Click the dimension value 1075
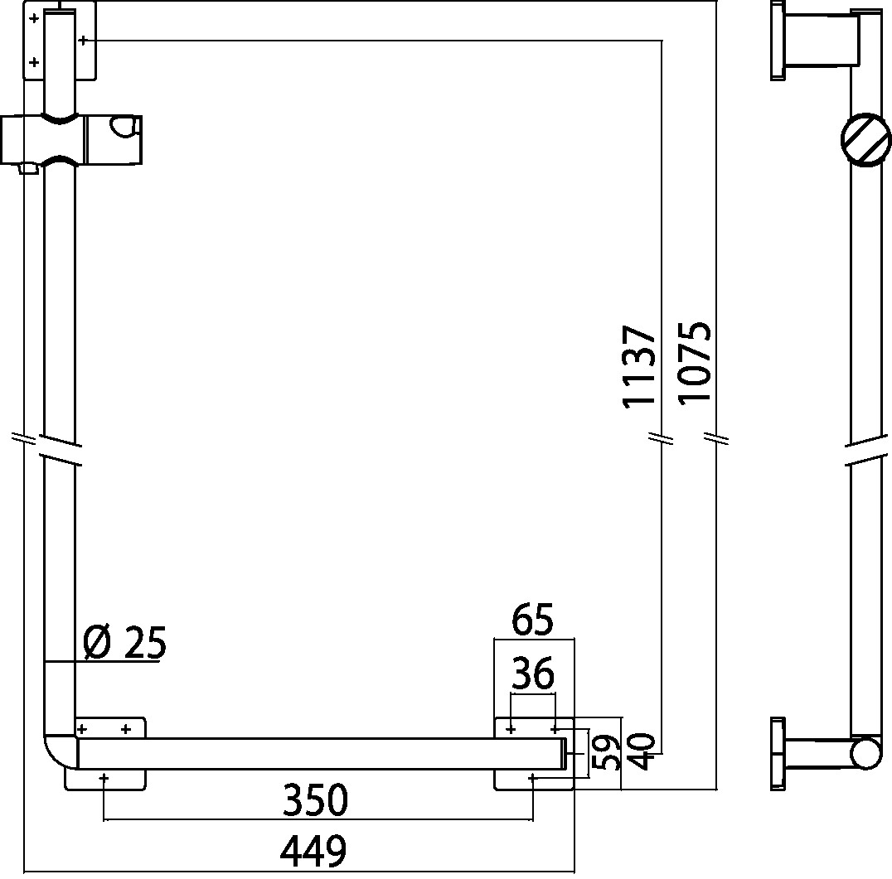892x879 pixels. click(x=695, y=364)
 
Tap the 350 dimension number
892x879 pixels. click(x=315, y=799)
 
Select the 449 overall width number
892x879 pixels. click(x=313, y=851)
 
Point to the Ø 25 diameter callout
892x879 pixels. click(x=124, y=643)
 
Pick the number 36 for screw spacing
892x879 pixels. click(x=532, y=674)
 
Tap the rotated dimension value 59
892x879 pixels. click(x=604, y=752)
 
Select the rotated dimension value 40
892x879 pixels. click(x=643, y=751)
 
